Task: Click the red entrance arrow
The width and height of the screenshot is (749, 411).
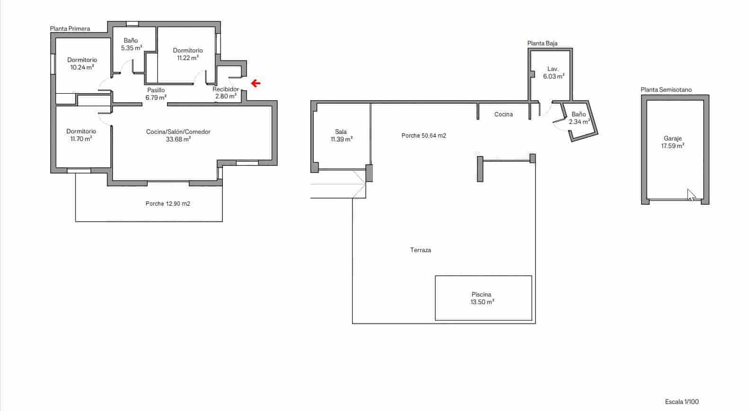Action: click(256, 84)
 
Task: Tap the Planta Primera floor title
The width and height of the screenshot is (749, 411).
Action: click(70, 29)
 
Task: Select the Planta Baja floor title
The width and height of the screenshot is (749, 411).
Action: click(542, 44)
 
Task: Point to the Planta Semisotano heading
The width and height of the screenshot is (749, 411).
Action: click(666, 90)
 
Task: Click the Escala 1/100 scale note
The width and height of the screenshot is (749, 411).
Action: click(681, 402)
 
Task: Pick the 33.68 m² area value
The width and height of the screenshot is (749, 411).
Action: click(178, 140)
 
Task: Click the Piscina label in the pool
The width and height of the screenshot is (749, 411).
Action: click(481, 295)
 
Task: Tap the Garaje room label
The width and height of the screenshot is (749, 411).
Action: click(672, 139)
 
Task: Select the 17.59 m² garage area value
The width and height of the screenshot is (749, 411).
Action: click(672, 147)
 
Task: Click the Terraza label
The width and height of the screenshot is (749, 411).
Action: click(420, 250)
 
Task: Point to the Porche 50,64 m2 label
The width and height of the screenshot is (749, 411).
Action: click(423, 136)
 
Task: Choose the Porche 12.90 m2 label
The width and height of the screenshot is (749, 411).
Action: click(167, 204)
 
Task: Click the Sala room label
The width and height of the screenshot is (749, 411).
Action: click(341, 132)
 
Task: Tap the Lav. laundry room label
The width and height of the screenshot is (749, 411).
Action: click(553, 69)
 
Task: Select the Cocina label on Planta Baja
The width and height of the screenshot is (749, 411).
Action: click(503, 114)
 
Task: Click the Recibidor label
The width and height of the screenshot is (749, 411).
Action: click(225, 89)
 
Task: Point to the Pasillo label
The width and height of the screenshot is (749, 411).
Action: click(156, 90)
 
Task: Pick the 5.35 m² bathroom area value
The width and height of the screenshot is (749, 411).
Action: click(132, 48)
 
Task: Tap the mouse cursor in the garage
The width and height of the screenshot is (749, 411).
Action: click(691, 194)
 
